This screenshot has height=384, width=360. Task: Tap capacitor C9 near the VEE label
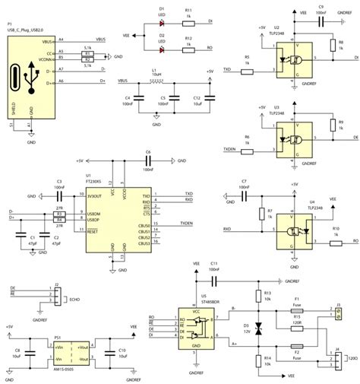point(321,22)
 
